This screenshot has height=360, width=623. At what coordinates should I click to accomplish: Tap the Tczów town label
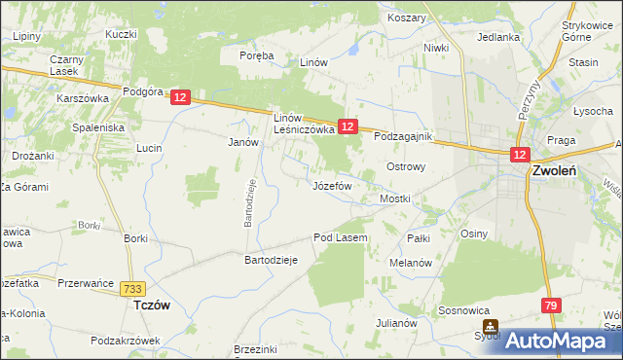151,305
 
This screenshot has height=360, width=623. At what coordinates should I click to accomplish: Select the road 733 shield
133,288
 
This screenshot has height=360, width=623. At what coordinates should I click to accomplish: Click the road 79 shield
552,306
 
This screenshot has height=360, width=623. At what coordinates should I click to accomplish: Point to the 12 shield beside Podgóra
180,97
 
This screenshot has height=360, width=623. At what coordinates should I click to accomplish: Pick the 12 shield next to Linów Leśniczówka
348,126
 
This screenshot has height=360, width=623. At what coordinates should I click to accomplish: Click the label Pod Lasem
340,237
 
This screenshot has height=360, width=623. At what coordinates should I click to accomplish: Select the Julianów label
397,322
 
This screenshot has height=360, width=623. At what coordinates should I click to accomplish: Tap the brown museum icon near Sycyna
493,327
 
